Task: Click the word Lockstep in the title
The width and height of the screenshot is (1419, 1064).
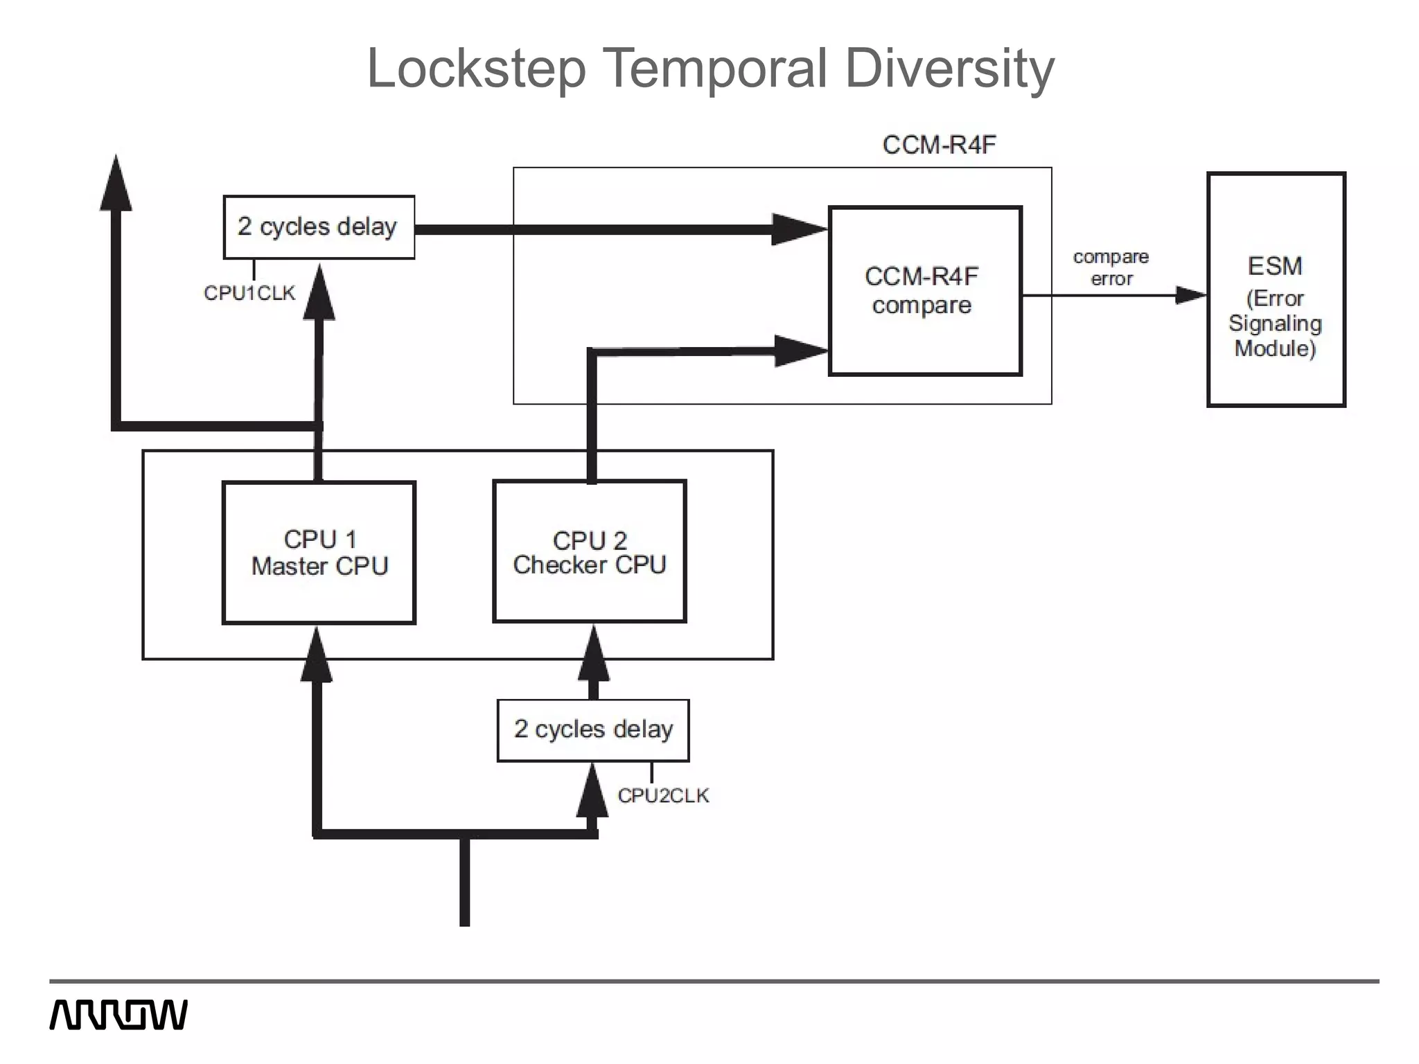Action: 477,69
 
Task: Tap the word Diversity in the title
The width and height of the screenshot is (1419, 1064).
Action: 949,69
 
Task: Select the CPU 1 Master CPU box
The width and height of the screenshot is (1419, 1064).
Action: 319,553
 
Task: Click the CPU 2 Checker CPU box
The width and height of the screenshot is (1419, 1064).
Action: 589,551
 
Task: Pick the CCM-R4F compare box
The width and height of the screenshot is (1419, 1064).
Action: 925,291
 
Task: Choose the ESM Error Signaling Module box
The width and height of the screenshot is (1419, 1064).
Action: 1276,290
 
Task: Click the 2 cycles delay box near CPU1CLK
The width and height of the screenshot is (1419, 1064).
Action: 319,227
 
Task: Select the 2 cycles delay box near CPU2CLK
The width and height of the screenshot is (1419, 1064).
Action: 593,730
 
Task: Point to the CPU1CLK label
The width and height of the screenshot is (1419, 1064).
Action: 249,293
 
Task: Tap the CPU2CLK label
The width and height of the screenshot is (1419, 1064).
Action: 663,795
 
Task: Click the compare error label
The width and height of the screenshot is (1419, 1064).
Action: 1111,267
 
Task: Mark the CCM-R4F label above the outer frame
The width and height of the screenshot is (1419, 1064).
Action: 939,145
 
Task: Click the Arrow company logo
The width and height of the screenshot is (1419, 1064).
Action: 118,1015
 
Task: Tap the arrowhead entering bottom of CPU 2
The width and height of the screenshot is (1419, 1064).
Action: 593,655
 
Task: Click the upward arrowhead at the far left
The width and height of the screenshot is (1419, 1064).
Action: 116,184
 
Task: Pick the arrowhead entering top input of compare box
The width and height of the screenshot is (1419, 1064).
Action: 799,229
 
